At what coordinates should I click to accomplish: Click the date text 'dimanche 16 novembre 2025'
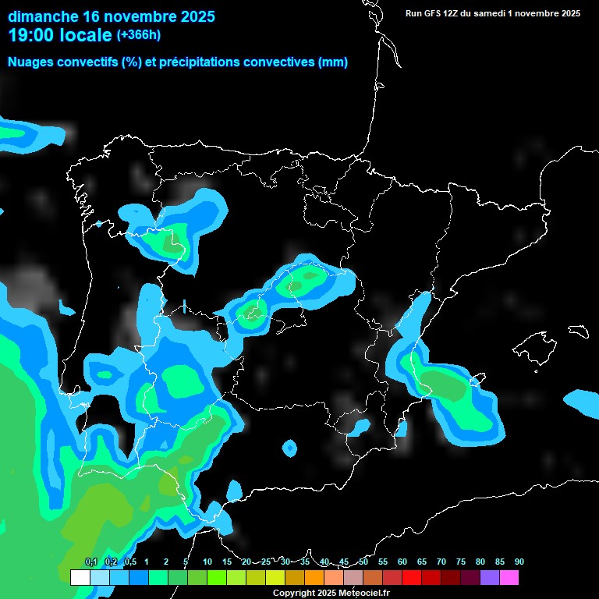(x=112, y=16)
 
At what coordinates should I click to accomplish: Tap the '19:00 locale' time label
(x=60, y=35)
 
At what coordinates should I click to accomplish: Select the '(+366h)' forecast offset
(x=138, y=35)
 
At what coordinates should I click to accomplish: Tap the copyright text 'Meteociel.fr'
(x=360, y=594)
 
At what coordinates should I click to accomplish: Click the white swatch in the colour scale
(x=80, y=578)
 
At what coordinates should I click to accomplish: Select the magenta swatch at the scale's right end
(x=509, y=578)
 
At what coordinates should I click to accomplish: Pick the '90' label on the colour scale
(x=519, y=562)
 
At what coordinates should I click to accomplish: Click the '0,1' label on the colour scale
(x=90, y=562)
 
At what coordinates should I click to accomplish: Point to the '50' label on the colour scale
(x=363, y=562)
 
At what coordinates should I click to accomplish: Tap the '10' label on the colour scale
(x=207, y=562)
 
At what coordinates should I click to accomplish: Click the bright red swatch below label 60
(x=411, y=578)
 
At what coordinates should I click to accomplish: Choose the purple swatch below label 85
(x=489, y=578)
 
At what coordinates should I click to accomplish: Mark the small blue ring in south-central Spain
(x=289, y=448)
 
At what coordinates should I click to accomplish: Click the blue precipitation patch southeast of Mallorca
(x=581, y=402)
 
